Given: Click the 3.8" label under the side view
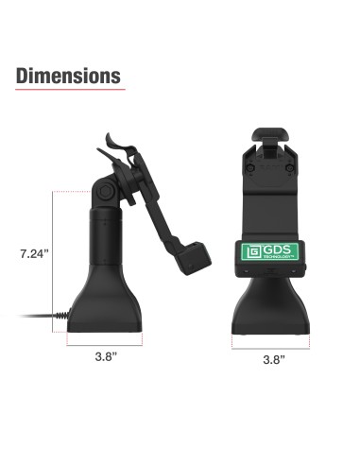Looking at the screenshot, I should [x=107, y=358].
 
